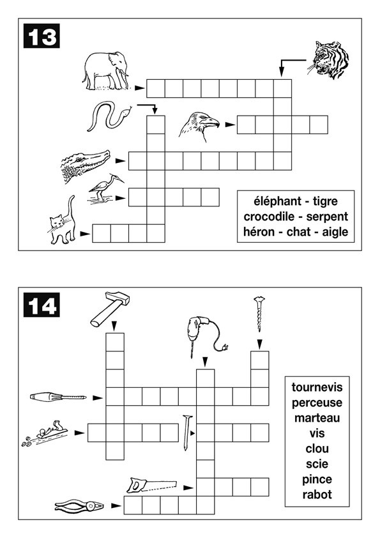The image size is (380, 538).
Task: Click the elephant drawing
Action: coord(105,71)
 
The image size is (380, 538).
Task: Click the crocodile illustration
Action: coord(86,165)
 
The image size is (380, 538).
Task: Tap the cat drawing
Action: coord(62,220)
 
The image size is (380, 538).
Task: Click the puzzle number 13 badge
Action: coord(42,36)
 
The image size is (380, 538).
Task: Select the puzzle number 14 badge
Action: coord(42,305)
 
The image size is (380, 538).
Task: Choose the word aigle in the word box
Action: coord(335,232)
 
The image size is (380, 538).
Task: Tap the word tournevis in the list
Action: coord(317,387)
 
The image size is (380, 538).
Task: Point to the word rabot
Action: coord(317,495)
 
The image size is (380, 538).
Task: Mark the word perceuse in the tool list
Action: coord(317,403)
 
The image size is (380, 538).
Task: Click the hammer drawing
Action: coord(110,309)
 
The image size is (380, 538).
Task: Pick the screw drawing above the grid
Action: coord(259,314)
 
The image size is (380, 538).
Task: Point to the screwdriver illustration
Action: coord(58,397)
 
